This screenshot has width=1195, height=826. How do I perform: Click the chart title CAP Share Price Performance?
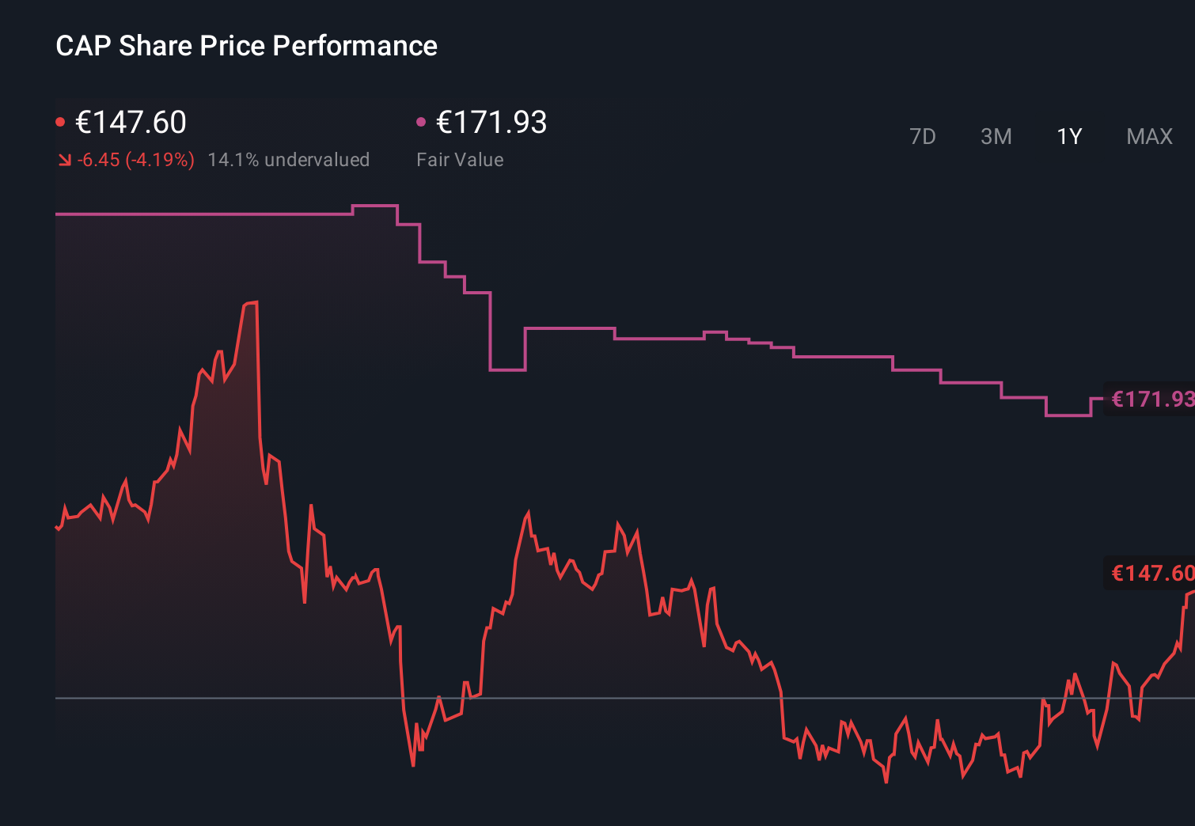[246, 46]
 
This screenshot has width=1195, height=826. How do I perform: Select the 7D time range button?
[922, 136]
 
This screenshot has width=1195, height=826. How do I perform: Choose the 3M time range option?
[996, 136]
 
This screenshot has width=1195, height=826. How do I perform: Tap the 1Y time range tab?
[1069, 136]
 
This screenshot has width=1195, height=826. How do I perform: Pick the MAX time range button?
[1149, 136]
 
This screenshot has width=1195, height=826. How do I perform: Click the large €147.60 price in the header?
[131, 123]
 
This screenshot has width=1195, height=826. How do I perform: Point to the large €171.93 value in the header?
[491, 123]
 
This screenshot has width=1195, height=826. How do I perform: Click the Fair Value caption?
[460, 160]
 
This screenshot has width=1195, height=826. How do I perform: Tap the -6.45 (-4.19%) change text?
[135, 160]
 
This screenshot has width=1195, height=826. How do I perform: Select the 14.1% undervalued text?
[288, 160]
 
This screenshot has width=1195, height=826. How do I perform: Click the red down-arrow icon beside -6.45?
[64, 161]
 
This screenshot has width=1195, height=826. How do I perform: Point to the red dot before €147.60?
[60, 122]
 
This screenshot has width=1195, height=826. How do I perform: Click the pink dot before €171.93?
[421, 122]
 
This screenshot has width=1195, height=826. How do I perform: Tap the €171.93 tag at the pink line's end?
[1151, 399]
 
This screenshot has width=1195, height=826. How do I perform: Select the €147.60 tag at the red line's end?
[1151, 573]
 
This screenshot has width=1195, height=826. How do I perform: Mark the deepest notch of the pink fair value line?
[507, 369]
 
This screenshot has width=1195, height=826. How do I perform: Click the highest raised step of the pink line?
[374, 206]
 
